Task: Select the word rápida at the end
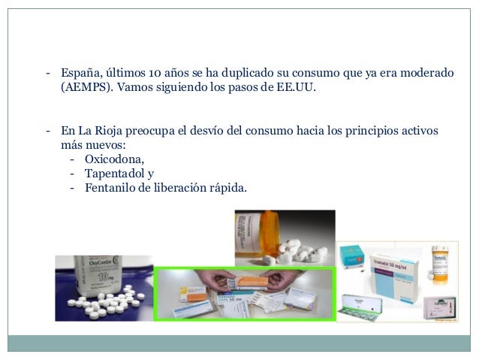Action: [x=223, y=187]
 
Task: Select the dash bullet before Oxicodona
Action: [x=72, y=159]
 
